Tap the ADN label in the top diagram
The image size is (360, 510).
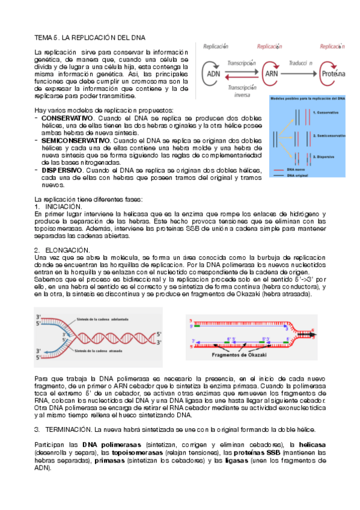pos(213,73)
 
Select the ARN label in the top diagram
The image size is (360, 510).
pos(271,73)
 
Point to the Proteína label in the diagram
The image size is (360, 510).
pos(333,73)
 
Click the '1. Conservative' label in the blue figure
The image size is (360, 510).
pos(322,112)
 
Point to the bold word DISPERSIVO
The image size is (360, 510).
pos(61,170)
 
